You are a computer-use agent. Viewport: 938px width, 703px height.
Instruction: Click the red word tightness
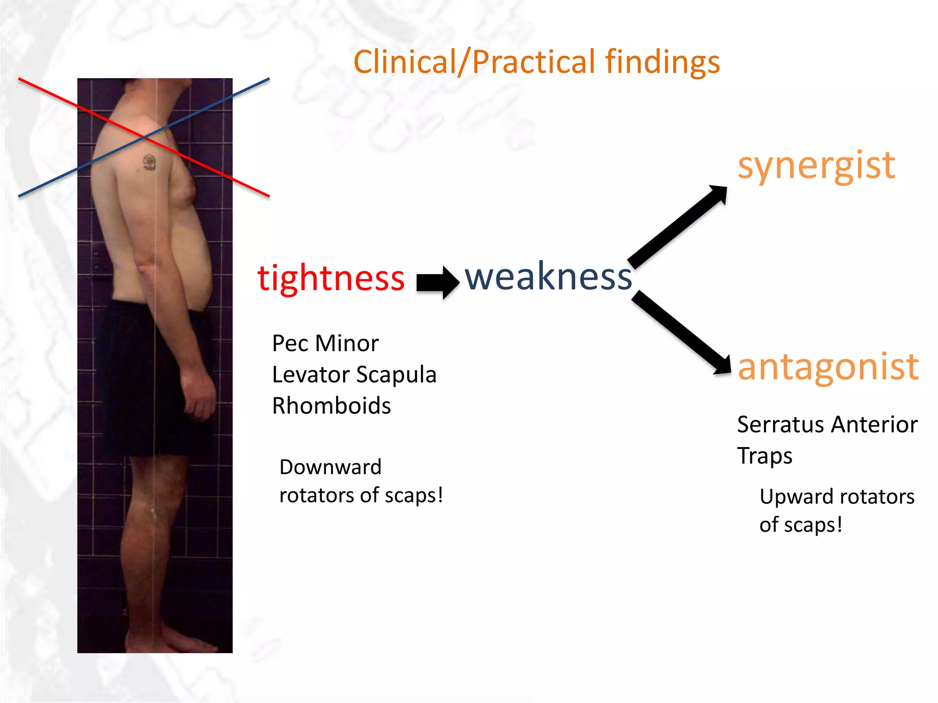pyautogui.click(x=331, y=278)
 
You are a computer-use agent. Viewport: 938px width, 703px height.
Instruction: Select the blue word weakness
pyautogui.click(x=548, y=276)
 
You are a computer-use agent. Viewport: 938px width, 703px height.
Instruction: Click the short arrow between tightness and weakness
pyautogui.click(x=437, y=282)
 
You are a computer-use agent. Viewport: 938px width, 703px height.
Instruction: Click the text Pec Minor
pyautogui.click(x=325, y=343)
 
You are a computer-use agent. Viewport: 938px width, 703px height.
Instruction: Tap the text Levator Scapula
pyautogui.click(x=354, y=374)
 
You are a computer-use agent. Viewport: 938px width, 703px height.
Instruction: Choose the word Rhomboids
pyautogui.click(x=331, y=406)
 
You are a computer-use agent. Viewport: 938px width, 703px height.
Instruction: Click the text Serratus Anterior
pyautogui.click(x=827, y=424)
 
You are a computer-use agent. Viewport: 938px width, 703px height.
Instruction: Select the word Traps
pyautogui.click(x=764, y=456)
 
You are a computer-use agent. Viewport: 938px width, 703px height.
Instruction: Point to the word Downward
pyautogui.click(x=330, y=467)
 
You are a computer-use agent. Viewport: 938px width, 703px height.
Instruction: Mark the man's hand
pyautogui.click(x=199, y=394)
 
